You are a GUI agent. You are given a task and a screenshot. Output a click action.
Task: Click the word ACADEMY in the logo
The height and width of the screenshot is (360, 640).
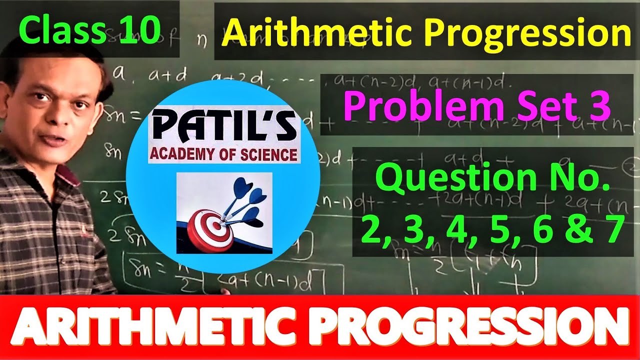coord(180,153)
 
